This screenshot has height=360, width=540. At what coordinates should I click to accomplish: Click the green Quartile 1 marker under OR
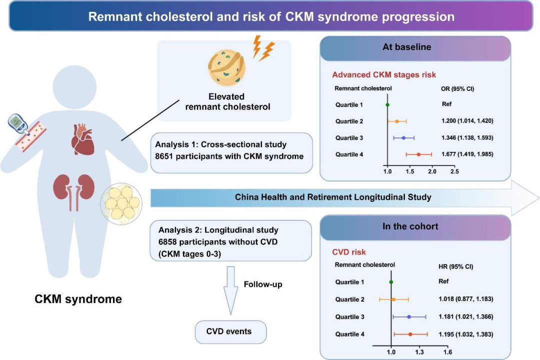387,104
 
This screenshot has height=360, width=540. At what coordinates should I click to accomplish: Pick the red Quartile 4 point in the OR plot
418,154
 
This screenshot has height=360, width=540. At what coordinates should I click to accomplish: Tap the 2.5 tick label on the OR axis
455,171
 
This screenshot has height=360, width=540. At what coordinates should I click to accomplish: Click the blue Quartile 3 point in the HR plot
409,317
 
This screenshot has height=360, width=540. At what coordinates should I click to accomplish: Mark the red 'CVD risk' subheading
348,252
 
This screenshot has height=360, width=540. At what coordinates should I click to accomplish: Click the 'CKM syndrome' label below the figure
78,299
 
